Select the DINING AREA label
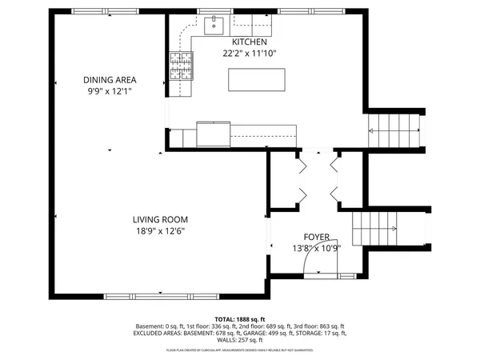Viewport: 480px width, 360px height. (x=110, y=80)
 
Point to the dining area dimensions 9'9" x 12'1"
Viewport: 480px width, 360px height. (x=110, y=92)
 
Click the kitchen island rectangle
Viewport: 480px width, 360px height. (x=258, y=81)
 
